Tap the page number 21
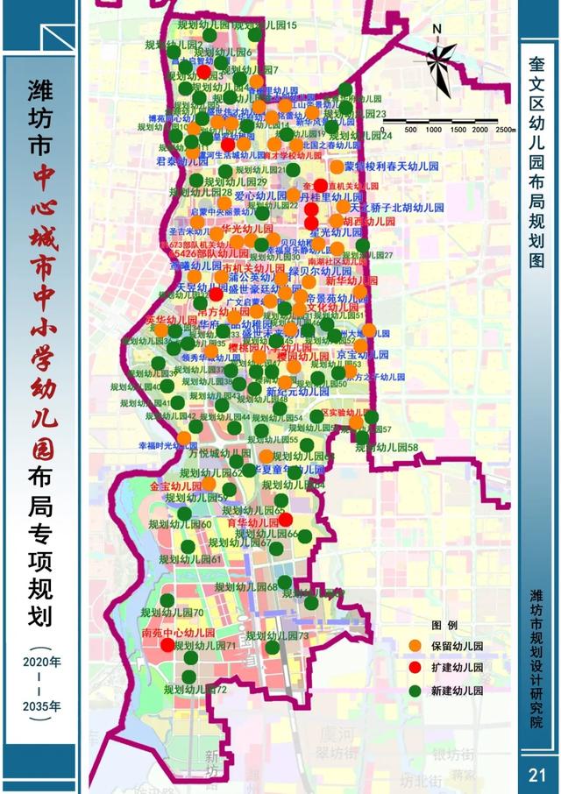(537, 775)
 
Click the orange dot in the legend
(415, 647)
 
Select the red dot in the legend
(415, 668)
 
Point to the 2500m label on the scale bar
(504, 130)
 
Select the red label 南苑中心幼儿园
(178, 632)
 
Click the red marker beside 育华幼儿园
(285, 520)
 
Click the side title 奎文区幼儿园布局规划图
(537, 163)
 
